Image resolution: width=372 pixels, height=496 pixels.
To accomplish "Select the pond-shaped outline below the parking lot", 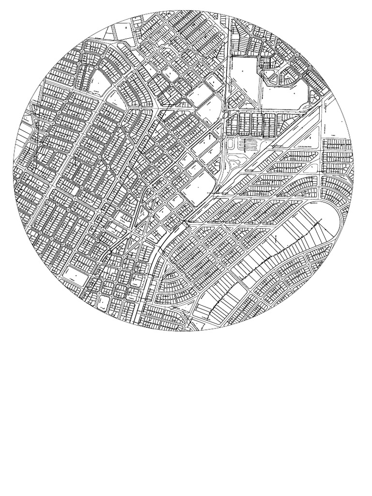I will (237, 160).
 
